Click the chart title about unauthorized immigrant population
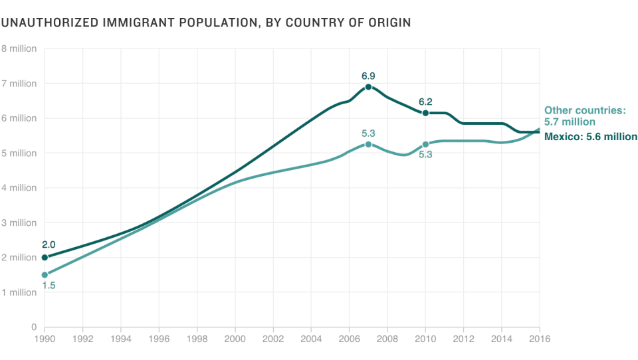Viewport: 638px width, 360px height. pos(205,23)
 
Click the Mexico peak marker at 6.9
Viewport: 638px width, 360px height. pos(368,87)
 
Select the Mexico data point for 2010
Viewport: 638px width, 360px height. pos(425,113)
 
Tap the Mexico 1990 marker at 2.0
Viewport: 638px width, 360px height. pos(45,258)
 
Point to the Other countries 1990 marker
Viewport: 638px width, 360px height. pos(45,275)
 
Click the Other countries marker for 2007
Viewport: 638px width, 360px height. pos(368,144)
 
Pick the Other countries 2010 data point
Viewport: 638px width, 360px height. pos(425,144)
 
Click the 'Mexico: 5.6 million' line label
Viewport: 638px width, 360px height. pos(590,137)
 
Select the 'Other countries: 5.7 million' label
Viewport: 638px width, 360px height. pos(585,116)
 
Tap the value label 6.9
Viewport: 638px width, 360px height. pos(368,76)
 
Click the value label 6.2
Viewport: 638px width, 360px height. pos(425,102)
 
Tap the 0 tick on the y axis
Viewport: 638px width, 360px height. pos(33,327)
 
